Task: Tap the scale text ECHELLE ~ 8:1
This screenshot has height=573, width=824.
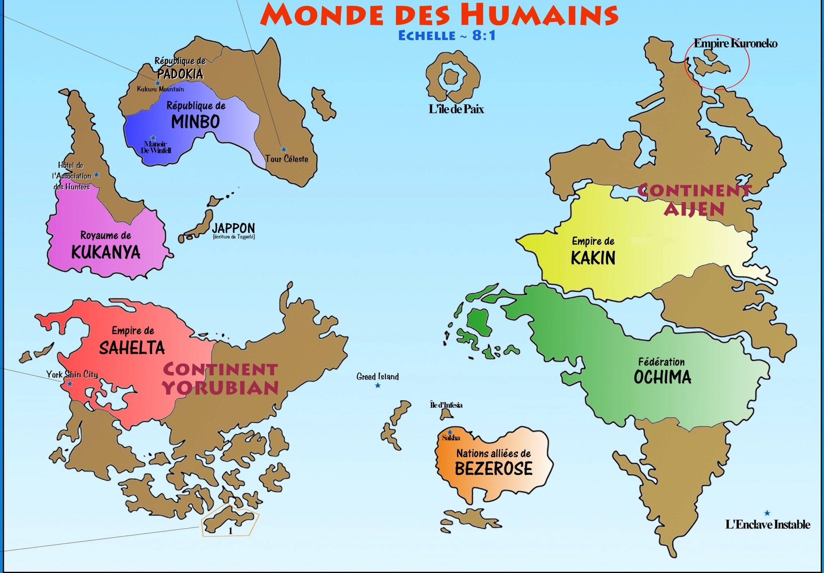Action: (x=447, y=36)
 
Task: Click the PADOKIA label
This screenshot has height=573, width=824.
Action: (x=180, y=74)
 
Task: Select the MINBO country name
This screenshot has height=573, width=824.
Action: (x=196, y=122)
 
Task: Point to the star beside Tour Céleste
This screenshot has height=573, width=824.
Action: (x=284, y=149)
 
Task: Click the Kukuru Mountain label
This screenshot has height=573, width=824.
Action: (x=160, y=89)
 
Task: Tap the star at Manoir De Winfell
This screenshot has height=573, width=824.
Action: (x=153, y=138)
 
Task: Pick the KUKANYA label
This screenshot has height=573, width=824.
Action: (x=106, y=252)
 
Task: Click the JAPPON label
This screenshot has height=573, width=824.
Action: (x=233, y=228)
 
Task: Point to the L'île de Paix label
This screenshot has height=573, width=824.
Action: (x=456, y=109)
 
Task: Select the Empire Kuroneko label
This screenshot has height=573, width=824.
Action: (x=735, y=43)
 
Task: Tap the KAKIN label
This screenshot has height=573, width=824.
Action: (x=593, y=258)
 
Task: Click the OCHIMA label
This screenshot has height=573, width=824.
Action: (x=662, y=377)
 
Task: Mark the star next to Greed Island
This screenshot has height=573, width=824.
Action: (x=377, y=385)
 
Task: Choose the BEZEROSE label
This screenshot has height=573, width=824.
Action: (x=493, y=469)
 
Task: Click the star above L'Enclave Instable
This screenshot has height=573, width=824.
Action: (x=767, y=513)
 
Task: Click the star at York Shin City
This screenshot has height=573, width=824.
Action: (x=70, y=384)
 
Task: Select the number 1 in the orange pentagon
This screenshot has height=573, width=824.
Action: (x=230, y=531)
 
